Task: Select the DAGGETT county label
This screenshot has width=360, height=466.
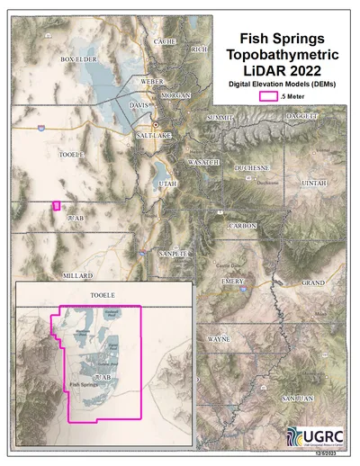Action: (302, 117)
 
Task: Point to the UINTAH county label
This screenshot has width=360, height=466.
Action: (314, 182)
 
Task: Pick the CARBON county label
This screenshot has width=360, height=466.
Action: (243, 225)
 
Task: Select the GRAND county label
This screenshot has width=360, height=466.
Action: (312, 282)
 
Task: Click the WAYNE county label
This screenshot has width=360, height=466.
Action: (219, 339)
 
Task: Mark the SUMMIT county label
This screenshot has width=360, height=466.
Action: (220, 118)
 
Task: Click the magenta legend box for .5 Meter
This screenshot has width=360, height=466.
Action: (267, 94)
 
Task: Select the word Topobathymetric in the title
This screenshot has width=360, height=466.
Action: (277, 56)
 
